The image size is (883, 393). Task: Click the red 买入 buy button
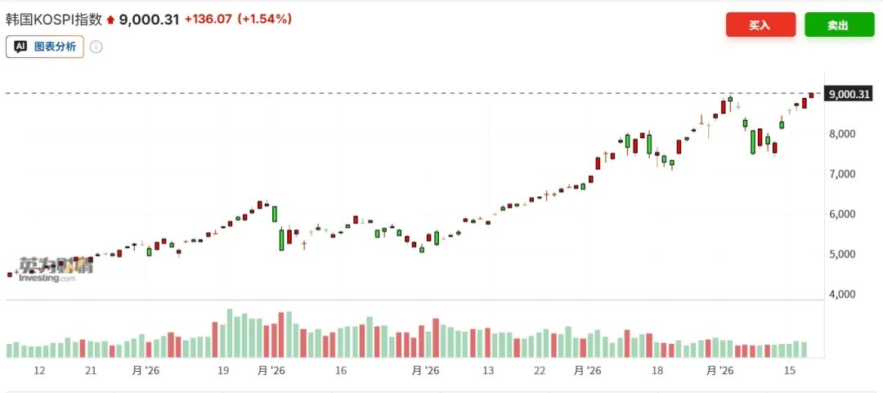click(760, 25)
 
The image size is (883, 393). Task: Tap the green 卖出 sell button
click(839, 25)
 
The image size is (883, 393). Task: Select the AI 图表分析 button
click(45, 47)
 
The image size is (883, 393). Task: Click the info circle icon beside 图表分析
click(96, 47)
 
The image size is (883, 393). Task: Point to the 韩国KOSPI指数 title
click(54, 19)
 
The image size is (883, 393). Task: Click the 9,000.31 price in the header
click(150, 20)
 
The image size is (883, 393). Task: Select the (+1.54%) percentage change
click(264, 20)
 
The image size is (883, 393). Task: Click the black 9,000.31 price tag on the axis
click(848, 94)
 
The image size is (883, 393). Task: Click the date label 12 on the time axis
click(39, 371)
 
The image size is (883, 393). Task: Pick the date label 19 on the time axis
click(222, 371)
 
